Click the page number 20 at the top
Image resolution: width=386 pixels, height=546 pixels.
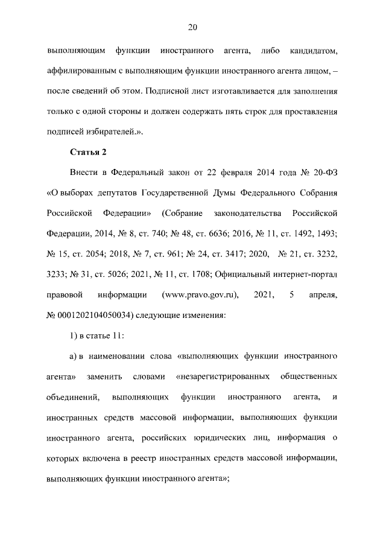pos(193,27)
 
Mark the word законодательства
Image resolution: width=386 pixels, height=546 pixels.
pos(248,214)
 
